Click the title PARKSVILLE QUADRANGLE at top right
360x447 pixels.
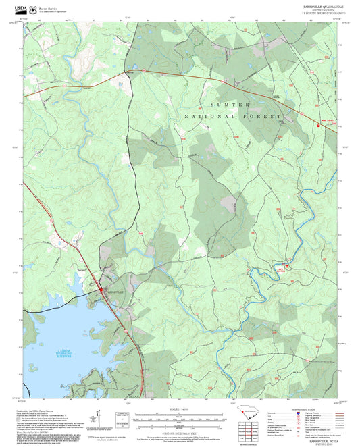319,5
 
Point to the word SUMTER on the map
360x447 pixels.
230,105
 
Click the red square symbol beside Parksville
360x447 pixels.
103,290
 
